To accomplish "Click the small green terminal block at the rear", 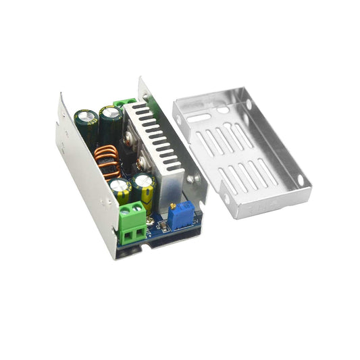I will [x=125, y=103].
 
